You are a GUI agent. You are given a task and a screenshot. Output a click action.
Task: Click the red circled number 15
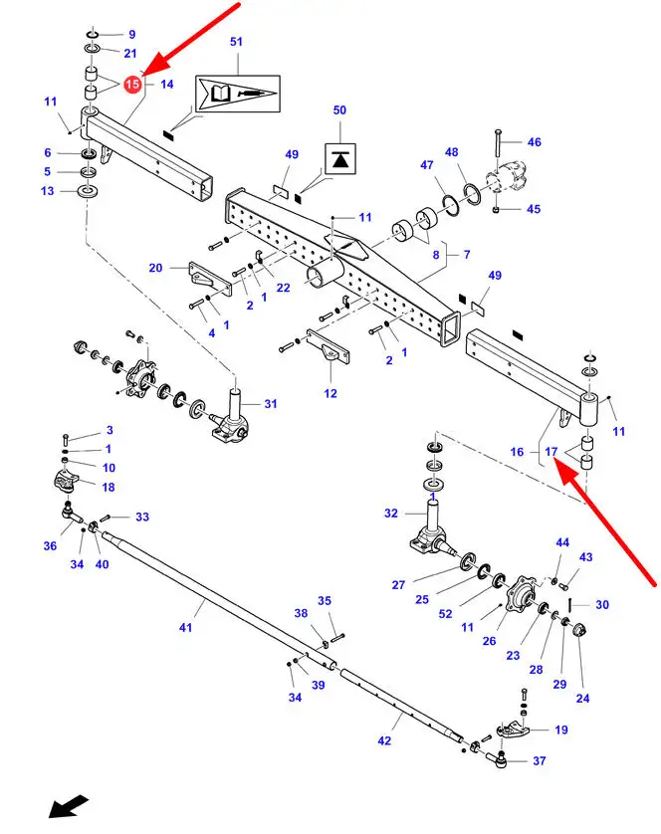click(132, 84)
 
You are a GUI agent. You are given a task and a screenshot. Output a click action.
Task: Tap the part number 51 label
click(236, 42)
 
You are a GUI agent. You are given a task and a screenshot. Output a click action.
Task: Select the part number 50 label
click(339, 110)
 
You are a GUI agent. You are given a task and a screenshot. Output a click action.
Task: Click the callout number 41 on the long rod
click(185, 628)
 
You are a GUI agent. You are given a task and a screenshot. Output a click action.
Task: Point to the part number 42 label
click(384, 740)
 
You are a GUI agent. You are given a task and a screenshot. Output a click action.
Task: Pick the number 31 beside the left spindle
click(271, 404)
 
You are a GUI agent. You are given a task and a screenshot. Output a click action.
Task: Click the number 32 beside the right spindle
click(391, 514)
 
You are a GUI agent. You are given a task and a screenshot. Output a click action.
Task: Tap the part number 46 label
click(535, 142)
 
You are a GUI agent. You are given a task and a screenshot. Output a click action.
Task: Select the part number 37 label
click(540, 761)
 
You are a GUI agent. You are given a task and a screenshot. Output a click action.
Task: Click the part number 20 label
click(155, 268)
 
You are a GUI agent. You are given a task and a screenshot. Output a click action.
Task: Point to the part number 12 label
click(330, 393)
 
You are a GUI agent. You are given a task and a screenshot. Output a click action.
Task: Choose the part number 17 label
click(551, 452)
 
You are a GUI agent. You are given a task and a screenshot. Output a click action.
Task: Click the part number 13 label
click(48, 191)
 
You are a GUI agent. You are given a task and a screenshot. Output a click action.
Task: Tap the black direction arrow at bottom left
click(69, 806)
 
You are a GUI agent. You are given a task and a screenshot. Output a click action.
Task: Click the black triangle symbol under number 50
click(340, 159)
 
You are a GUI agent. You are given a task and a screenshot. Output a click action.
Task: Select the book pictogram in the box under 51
click(220, 95)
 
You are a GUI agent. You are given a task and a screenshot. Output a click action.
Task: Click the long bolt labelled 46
click(498, 143)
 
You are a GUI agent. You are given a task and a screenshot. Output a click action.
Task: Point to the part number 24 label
click(582, 699)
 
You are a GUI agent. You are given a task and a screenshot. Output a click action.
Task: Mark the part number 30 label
click(602, 605)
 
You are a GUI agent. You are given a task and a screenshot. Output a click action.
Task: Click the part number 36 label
click(50, 545)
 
